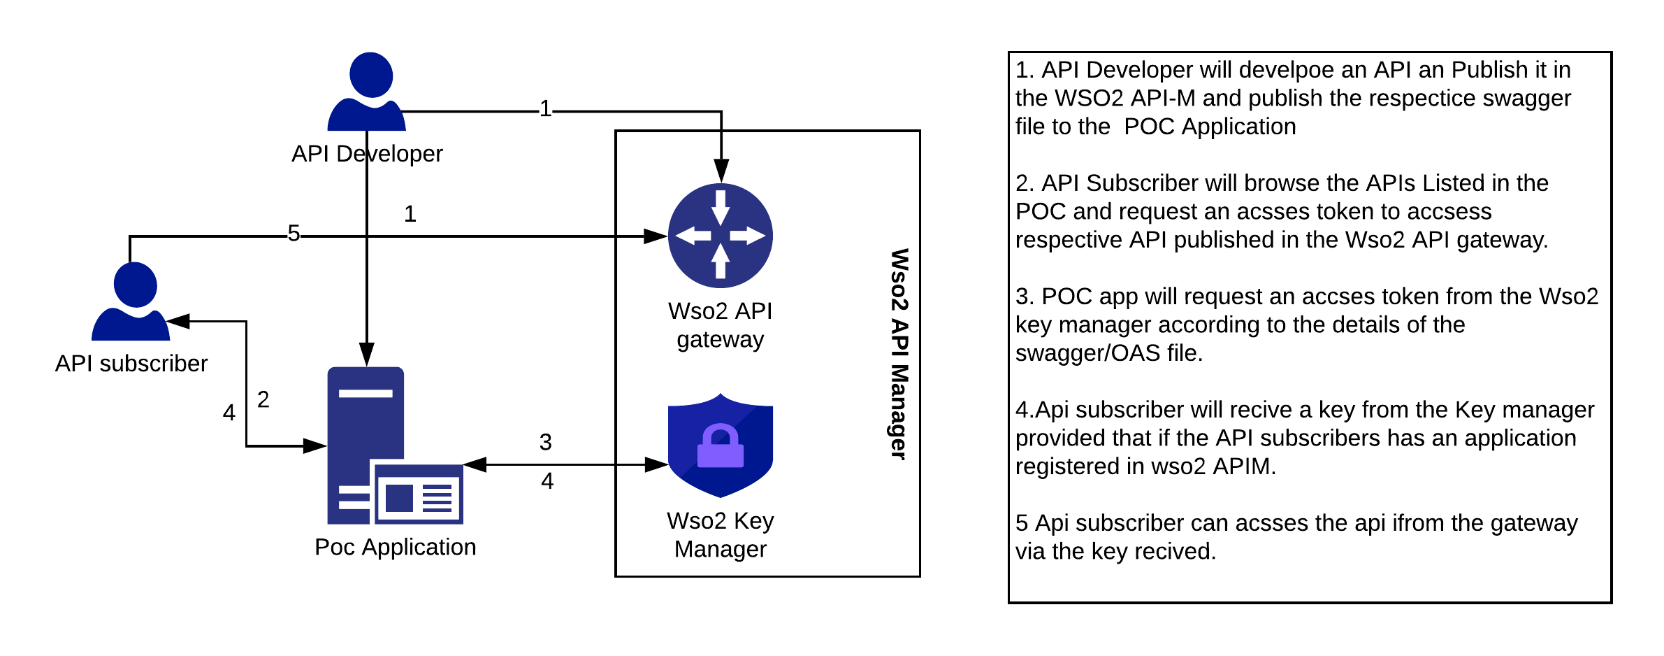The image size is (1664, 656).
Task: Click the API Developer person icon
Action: [367, 91]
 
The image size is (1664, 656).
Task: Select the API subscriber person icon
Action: [131, 301]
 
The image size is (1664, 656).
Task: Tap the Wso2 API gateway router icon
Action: [721, 236]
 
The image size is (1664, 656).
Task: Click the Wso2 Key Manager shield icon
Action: [721, 445]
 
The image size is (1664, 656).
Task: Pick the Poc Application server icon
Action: [396, 445]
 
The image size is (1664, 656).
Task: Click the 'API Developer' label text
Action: [367, 154]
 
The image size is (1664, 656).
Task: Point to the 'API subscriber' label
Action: [131, 364]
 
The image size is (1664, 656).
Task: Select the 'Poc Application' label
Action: [396, 547]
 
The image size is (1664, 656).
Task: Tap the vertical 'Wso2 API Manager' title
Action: [899, 354]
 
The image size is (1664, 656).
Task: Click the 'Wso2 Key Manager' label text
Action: [721, 535]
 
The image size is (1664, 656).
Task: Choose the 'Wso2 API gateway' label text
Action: [721, 325]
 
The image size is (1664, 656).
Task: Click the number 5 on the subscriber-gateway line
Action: [294, 234]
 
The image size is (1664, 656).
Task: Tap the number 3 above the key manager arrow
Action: [546, 442]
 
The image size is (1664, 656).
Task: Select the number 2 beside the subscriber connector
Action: [263, 399]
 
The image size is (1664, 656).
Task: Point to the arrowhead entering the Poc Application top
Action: [367, 355]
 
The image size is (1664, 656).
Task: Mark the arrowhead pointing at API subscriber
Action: [179, 321]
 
